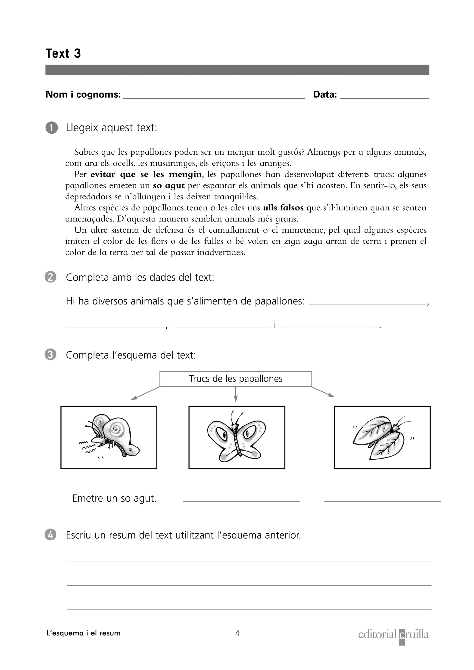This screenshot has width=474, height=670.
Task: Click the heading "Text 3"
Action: pyautogui.click(x=63, y=54)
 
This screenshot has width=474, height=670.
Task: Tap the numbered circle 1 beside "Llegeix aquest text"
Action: pyautogui.click(x=52, y=128)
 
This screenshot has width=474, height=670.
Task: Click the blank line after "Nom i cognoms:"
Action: pyautogui.click(x=214, y=96)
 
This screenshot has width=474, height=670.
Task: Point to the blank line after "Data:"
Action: pyautogui.click(x=384, y=96)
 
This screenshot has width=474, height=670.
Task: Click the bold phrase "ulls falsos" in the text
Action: pyautogui.click(x=283, y=208)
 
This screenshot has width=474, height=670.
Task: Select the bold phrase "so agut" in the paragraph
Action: pyautogui.click(x=169, y=186)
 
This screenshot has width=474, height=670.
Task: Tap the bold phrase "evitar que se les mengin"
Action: pyautogui.click(x=146, y=175)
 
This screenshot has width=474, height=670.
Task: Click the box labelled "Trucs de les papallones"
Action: pyautogui.click(x=236, y=379)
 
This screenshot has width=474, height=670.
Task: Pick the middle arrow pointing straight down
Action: pyautogui.click(x=236, y=394)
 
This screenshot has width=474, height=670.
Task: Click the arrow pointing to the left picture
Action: pyautogui.click(x=145, y=393)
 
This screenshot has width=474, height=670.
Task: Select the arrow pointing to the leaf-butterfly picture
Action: pyautogui.click(x=323, y=392)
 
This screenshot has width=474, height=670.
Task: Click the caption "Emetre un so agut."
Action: pyautogui.click(x=114, y=498)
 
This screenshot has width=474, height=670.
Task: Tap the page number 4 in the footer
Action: pyautogui.click(x=237, y=633)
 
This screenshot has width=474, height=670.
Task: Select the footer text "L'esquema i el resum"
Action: pyautogui.click(x=83, y=633)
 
